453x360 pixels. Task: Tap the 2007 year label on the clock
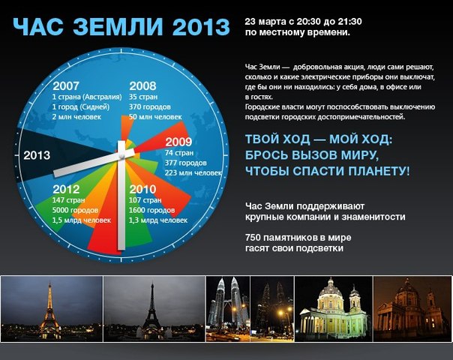(x=66, y=85)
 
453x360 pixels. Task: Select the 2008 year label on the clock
(x=142, y=85)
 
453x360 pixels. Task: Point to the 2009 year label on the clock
(x=178, y=142)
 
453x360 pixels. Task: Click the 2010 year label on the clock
(x=142, y=189)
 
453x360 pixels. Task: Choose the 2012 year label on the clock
(x=66, y=189)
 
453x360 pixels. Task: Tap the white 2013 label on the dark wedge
(x=37, y=155)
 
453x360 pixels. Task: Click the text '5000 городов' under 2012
(x=75, y=210)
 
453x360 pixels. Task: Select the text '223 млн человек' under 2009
(x=193, y=172)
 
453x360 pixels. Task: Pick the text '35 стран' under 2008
(x=143, y=97)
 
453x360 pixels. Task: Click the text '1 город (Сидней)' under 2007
(x=81, y=107)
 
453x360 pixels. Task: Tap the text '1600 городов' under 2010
(x=151, y=210)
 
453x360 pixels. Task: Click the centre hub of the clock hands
(x=122, y=156)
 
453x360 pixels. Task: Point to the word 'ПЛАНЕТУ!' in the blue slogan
(x=379, y=171)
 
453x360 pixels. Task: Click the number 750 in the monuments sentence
(x=253, y=238)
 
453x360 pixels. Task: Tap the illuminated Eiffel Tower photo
(x=52, y=308)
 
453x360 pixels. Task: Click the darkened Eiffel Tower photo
(x=154, y=308)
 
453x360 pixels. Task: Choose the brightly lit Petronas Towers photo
(x=228, y=308)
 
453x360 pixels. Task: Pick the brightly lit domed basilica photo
(x=334, y=308)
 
